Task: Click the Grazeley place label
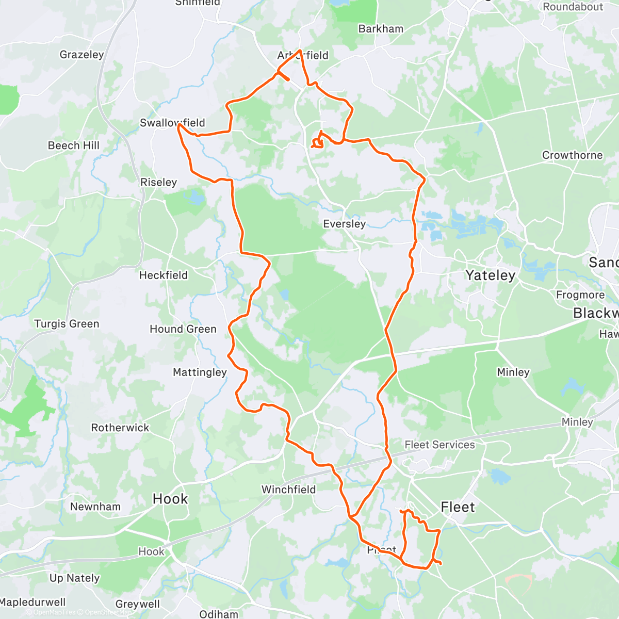pos(82,55)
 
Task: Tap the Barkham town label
pos(381,29)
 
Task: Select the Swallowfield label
pos(172,123)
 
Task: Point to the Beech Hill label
pos(74,145)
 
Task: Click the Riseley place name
pos(158,182)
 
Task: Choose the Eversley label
pos(344,224)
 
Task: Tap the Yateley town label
pos(490,275)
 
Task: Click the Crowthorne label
pos(572,155)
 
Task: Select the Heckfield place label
pos(164,275)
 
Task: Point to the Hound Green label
pos(183,329)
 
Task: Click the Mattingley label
pos(200,372)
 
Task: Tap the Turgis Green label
pos(67,324)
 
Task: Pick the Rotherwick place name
pos(120,428)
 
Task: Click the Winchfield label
pos(288,490)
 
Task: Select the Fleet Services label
pos(439,445)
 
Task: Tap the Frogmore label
pos(580,295)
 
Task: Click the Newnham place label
pos(95,507)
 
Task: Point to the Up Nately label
pos(74,578)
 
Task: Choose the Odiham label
pos(219,614)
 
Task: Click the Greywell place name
pos(138,604)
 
